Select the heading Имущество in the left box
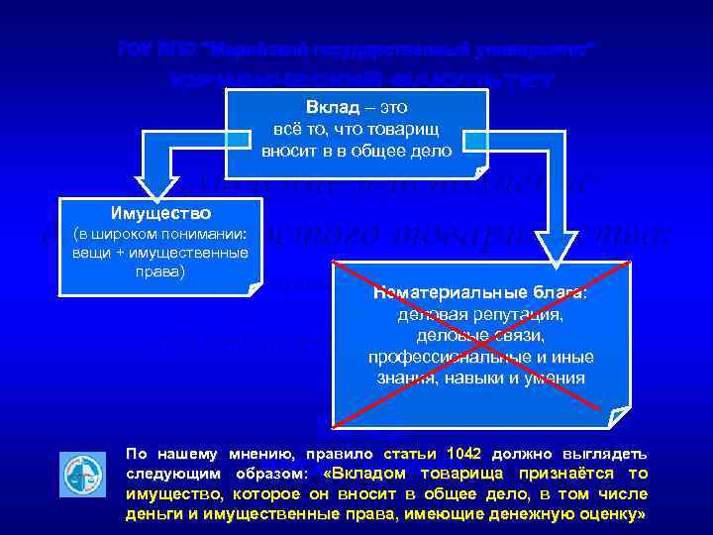(x=160, y=212)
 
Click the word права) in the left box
(x=160, y=269)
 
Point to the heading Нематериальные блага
(x=480, y=293)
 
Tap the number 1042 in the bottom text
(x=463, y=453)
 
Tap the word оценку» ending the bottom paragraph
(x=616, y=515)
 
